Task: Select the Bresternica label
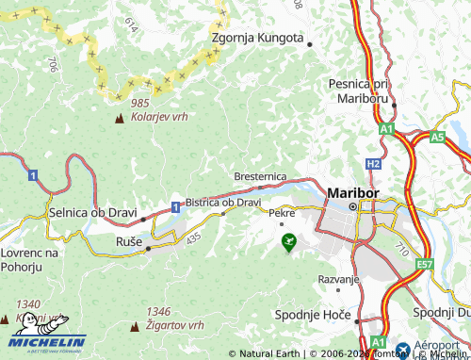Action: tap(261, 176)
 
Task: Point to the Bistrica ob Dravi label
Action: tap(223, 202)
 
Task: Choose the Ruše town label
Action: tap(129, 242)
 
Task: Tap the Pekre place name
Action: tap(283, 213)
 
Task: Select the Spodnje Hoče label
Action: tap(312, 314)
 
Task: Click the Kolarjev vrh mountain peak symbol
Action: tap(119, 120)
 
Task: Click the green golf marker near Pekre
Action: tap(288, 240)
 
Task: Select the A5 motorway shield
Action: tap(437, 137)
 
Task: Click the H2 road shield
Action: tap(373, 163)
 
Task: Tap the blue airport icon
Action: tap(403, 350)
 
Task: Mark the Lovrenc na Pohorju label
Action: tap(29, 260)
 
